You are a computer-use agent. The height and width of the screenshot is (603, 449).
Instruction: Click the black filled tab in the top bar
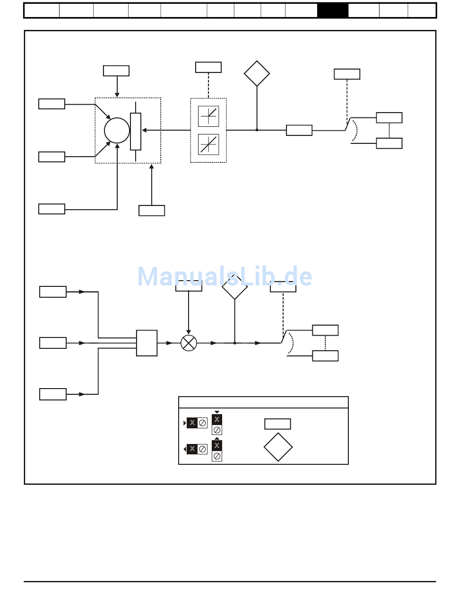[333, 10]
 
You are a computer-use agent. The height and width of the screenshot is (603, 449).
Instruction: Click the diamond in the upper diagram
[257, 73]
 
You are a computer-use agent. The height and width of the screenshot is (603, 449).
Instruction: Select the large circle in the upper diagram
[117, 130]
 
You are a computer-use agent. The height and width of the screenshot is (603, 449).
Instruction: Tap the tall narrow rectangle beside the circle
[136, 132]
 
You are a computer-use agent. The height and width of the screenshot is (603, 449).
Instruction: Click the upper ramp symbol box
[208, 116]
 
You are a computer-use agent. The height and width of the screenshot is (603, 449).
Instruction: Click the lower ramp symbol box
[208, 144]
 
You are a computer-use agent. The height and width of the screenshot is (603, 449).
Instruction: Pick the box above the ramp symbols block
[208, 67]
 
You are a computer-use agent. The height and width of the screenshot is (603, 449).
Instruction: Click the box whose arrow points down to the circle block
[116, 71]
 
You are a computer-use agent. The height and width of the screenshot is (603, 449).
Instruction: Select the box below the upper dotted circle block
[152, 211]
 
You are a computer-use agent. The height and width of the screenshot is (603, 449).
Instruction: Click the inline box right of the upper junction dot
[299, 130]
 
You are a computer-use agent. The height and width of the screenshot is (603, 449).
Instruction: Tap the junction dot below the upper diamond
[257, 130]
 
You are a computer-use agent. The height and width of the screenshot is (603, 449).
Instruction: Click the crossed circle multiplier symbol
[189, 343]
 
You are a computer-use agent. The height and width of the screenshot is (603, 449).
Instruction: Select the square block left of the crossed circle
[147, 343]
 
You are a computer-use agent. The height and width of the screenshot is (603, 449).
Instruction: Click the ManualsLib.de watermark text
[224, 277]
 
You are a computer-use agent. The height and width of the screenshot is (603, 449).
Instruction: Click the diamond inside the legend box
[278, 447]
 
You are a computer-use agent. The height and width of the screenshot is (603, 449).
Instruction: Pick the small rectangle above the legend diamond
[277, 424]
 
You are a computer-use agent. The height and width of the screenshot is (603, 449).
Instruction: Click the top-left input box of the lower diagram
[53, 292]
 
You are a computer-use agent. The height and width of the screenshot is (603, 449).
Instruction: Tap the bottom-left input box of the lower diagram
[53, 394]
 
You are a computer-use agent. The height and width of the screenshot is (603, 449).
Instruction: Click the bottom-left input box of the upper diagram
[52, 209]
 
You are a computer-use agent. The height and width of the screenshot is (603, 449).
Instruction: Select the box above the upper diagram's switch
[347, 74]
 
